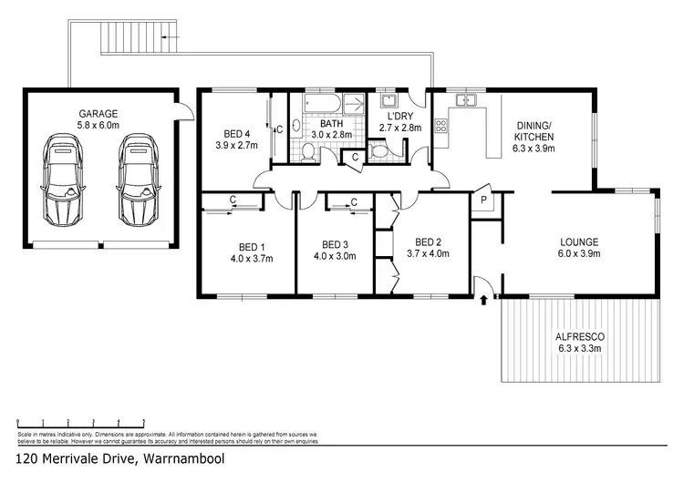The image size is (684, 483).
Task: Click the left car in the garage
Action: [60, 180]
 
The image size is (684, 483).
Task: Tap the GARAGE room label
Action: [98, 113]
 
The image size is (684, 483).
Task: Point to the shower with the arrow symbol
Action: [356, 103]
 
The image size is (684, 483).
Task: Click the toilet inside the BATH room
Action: [309, 155]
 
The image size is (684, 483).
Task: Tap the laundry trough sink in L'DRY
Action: [389, 101]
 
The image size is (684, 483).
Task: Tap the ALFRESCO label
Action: [578, 335]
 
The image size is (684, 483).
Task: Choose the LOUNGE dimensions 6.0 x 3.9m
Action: [579, 255]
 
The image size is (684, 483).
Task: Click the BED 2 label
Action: [423, 242]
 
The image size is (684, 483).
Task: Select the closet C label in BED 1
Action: [234, 200]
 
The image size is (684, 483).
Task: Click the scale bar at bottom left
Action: [81, 422]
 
